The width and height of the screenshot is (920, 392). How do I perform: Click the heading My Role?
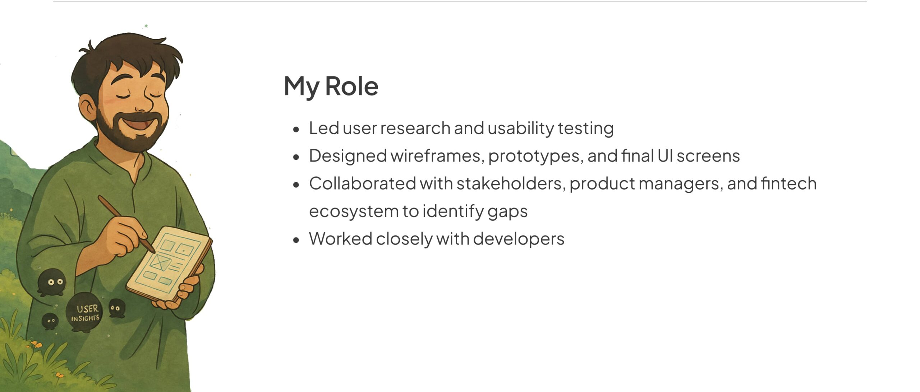[x=331, y=87]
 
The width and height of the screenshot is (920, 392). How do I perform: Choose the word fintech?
[x=788, y=183]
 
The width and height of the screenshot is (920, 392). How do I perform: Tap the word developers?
[x=519, y=239]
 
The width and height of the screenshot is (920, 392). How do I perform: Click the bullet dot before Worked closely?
[x=296, y=240]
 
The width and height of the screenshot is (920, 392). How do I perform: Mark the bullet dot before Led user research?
[x=296, y=129]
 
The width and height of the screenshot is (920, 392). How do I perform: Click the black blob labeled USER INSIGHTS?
[x=84, y=312]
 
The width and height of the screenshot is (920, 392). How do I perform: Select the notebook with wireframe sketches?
[x=169, y=263]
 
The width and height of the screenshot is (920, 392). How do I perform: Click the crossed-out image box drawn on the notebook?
[x=160, y=263]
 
